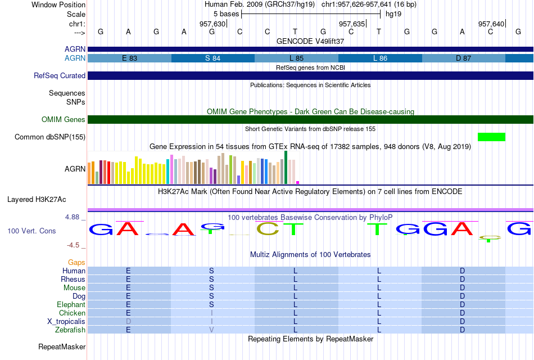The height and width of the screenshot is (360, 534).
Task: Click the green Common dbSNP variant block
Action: click(491, 137)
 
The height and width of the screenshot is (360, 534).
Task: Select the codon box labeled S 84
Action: click(213, 58)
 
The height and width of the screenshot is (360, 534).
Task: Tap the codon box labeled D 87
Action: click(464, 58)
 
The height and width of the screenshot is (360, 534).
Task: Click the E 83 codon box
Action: click(129, 58)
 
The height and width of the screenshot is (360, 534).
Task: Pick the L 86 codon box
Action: click(380, 58)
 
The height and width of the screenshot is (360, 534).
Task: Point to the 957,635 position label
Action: click(352, 24)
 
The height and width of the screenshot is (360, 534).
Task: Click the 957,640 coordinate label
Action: click(491, 24)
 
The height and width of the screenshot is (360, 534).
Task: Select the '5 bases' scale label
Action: click(227, 14)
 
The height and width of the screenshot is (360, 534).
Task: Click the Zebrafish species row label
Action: click(70, 330)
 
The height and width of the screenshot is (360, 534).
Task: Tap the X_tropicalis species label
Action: click(66, 322)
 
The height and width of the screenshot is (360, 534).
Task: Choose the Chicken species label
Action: click(72, 313)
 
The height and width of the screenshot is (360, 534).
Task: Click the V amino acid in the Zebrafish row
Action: click(211, 330)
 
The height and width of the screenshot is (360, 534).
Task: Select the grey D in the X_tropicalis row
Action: click(128, 322)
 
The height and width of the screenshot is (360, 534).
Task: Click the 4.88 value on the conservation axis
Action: click(72, 217)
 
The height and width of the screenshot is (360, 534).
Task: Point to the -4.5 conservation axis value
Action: click(73, 245)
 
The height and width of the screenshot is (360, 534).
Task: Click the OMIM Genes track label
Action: click(64, 119)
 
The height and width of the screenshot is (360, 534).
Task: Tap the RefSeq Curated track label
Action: click(60, 76)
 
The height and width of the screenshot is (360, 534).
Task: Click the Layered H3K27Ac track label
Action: click(37, 200)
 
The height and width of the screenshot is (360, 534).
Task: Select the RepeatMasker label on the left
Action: click(62, 346)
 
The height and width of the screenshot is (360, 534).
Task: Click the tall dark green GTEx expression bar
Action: click(286, 168)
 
